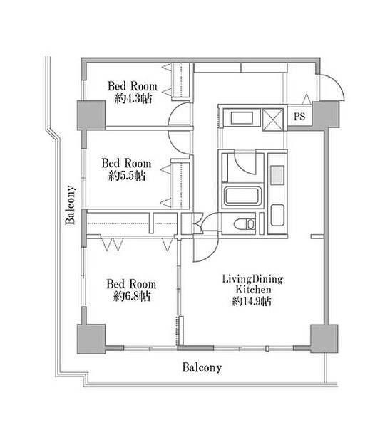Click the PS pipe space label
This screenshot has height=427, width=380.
pyautogui.click(x=299, y=117)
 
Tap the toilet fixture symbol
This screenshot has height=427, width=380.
pyautogui.click(x=245, y=224)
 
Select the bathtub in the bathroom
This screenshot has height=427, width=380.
pyautogui.click(x=242, y=196)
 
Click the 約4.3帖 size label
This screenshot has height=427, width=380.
pyautogui.click(x=133, y=99)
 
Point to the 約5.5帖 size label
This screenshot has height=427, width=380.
pyautogui.click(x=127, y=176)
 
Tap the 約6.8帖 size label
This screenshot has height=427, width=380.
pyautogui.click(x=132, y=296)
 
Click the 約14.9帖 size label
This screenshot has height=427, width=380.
pyautogui.click(x=252, y=301)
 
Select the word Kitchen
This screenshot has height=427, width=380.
pyautogui.click(x=253, y=290)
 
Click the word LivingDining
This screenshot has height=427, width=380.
pyautogui.click(x=252, y=280)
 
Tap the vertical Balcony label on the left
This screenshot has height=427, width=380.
pyautogui.click(x=71, y=205)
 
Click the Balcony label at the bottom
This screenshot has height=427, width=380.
pyautogui.click(x=202, y=367)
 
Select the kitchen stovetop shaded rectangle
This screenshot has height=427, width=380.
pyautogui.click(x=277, y=175)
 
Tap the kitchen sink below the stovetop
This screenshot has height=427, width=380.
pyautogui.click(x=277, y=215)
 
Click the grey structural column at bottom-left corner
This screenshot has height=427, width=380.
pyautogui.click(x=91, y=339)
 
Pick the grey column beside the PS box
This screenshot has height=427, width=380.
pyautogui.click(x=326, y=114)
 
